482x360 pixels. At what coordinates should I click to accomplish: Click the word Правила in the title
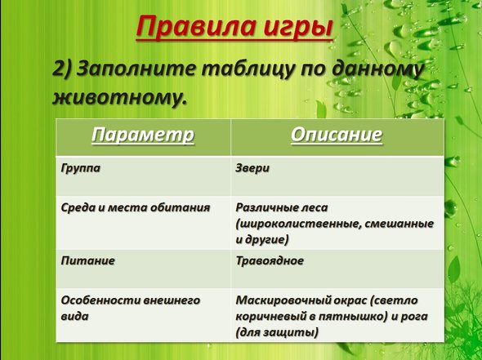click(196, 26)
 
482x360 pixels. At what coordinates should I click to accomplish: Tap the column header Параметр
click(143, 136)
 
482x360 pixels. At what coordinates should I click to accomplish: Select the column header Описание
click(337, 135)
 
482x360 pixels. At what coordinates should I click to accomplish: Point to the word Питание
click(88, 260)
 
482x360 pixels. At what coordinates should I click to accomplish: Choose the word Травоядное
click(270, 261)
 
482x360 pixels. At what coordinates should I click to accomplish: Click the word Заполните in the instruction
click(136, 69)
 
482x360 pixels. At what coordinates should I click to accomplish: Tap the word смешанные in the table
click(399, 224)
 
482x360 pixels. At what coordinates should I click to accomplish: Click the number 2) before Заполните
click(61, 69)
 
